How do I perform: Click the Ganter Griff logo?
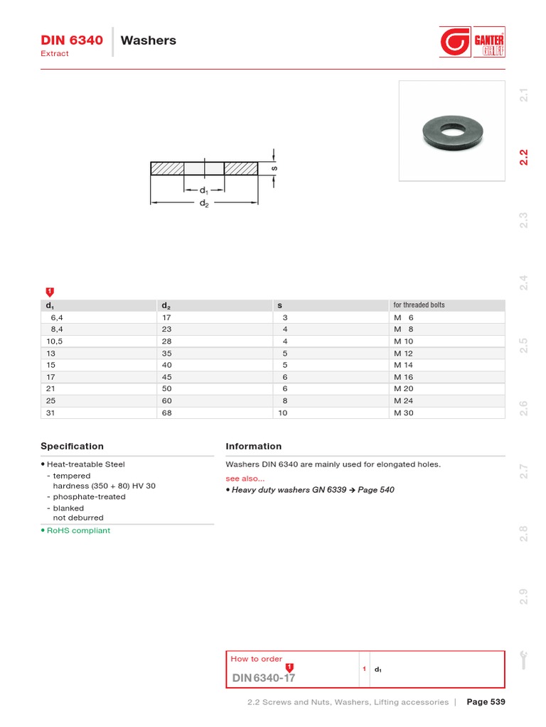(x=472, y=42)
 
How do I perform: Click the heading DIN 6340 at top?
(x=72, y=40)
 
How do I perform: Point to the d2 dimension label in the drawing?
(x=204, y=203)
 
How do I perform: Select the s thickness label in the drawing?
(x=274, y=168)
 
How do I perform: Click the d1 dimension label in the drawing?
(x=204, y=190)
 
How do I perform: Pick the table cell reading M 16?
(x=403, y=377)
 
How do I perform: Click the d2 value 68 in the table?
(x=167, y=412)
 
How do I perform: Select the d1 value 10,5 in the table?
(x=54, y=341)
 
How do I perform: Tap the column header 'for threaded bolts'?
(x=419, y=305)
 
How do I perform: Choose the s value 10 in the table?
(x=283, y=412)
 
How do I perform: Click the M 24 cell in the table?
(x=403, y=400)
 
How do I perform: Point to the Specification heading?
(x=72, y=447)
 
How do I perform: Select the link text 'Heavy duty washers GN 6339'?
(x=289, y=490)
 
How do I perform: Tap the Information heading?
(x=253, y=447)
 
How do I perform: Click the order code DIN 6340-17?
(x=263, y=678)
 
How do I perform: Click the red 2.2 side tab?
(x=525, y=157)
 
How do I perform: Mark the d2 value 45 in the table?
(x=167, y=377)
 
